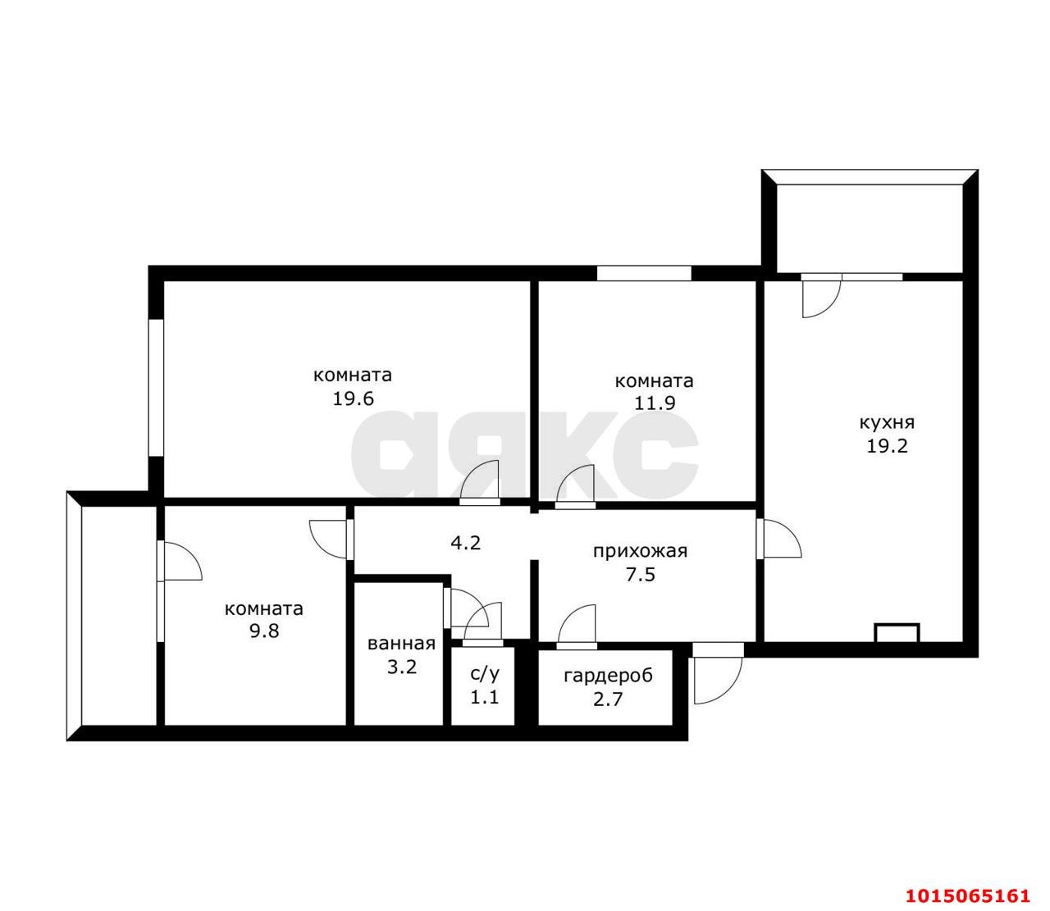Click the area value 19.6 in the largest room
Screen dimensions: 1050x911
tap(353, 399)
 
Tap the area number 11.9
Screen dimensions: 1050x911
tap(655, 403)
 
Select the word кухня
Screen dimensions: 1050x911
tap(888, 422)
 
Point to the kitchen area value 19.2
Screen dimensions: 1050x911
tap(888, 446)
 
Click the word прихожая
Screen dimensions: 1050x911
tap(641, 551)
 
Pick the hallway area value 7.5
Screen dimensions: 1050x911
tap(641, 575)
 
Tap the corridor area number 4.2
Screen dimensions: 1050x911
tap(465, 542)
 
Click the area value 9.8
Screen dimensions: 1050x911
tap(264, 631)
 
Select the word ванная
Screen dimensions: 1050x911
tap(401, 643)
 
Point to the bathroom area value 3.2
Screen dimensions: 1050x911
tap(401, 667)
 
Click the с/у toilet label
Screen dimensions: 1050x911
tap(485, 674)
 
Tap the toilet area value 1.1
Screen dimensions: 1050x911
tap(485, 697)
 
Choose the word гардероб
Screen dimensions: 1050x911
tap(608, 676)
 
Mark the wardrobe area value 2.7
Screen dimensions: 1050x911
tap(608, 699)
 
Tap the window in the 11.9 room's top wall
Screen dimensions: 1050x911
tap(644, 273)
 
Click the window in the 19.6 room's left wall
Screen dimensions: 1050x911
tap(156, 388)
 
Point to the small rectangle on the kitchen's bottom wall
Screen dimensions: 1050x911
tap(897, 632)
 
